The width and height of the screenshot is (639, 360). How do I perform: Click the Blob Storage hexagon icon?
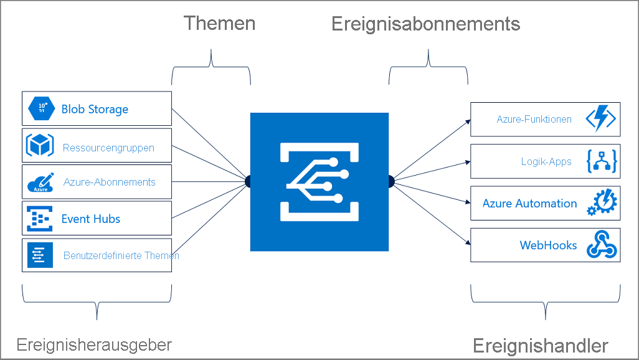(42, 109)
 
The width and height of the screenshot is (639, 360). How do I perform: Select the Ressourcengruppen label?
(108, 148)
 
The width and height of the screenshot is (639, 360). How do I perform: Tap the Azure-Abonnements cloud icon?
(40, 182)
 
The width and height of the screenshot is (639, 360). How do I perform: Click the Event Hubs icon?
(40, 219)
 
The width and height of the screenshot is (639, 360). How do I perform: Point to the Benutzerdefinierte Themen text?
(121, 255)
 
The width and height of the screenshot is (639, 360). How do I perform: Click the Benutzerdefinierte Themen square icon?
(40, 255)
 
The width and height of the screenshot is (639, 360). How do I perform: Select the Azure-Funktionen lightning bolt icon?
(601, 119)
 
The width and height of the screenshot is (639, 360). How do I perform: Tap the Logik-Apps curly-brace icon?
(601, 161)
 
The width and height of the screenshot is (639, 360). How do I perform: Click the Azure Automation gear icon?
(601, 203)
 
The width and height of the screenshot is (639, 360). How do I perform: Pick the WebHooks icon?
(601, 245)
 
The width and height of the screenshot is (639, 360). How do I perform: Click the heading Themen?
(219, 24)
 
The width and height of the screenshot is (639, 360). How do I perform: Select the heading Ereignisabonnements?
(425, 24)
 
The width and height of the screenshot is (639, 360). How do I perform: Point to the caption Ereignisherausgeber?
(94, 344)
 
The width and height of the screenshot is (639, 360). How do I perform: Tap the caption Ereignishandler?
(540, 346)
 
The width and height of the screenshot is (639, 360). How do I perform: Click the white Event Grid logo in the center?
(319, 181)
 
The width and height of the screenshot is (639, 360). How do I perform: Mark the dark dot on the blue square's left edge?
(249, 181)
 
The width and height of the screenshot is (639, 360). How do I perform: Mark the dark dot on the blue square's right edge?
(391, 181)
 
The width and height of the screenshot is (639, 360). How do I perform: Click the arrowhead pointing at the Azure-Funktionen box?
(468, 121)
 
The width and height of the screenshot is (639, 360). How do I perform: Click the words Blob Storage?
(95, 110)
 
